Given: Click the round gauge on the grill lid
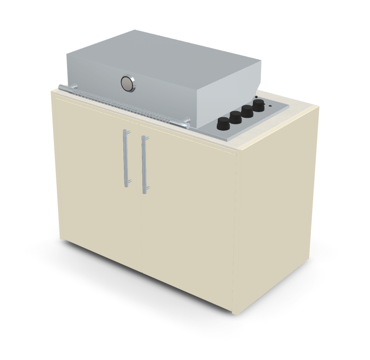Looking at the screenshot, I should tap(127, 83).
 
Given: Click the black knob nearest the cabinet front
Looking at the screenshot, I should tap(223, 124).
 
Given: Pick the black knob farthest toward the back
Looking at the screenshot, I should tap(258, 105).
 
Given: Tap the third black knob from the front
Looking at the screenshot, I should tap(247, 111).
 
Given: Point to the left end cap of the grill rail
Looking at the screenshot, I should tap(61, 87).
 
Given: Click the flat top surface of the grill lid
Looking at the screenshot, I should tap(165, 52).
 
